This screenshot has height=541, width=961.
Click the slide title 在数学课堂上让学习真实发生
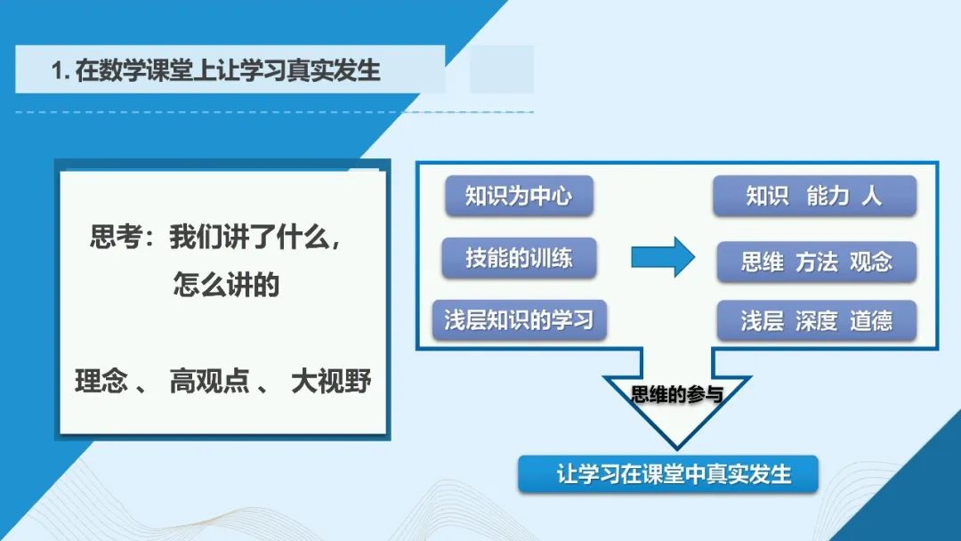pyautogui.click(x=228, y=69)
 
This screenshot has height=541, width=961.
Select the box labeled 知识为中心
pyautogui.click(x=519, y=196)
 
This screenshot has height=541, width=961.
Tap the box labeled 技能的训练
pyautogui.click(x=519, y=258)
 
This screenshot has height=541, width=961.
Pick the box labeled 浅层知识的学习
pyautogui.click(x=519, y=319)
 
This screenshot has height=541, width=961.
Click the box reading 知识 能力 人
pyautogui.click(x=814, y=196)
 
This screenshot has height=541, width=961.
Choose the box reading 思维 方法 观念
pyautogui.click(x=816, y=262)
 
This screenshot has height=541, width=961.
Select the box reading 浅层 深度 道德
pyautogui.click(x=816, y=320)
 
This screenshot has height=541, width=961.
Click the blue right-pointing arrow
pyautogui.click(x=663, y=257)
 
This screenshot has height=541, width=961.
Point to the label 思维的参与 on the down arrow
pyautogui.click(x=676, y=394)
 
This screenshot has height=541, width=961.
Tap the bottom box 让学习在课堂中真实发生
pyautogui.click(x=668, y=474)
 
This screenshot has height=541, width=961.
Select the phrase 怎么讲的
pyautogui.click(x=226, y=285)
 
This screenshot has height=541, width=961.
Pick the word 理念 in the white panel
pyautogui.click(x=101, y=381)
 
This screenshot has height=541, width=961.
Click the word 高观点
pyautogui.click(x=210, y=381)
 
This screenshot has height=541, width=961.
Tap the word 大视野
pyautogui.click(x=331, y=381)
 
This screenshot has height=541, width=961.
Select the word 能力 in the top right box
pyautogui.click(x=828, y=196)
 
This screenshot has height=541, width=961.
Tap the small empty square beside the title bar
pyautogui.click(x=502, y=69)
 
